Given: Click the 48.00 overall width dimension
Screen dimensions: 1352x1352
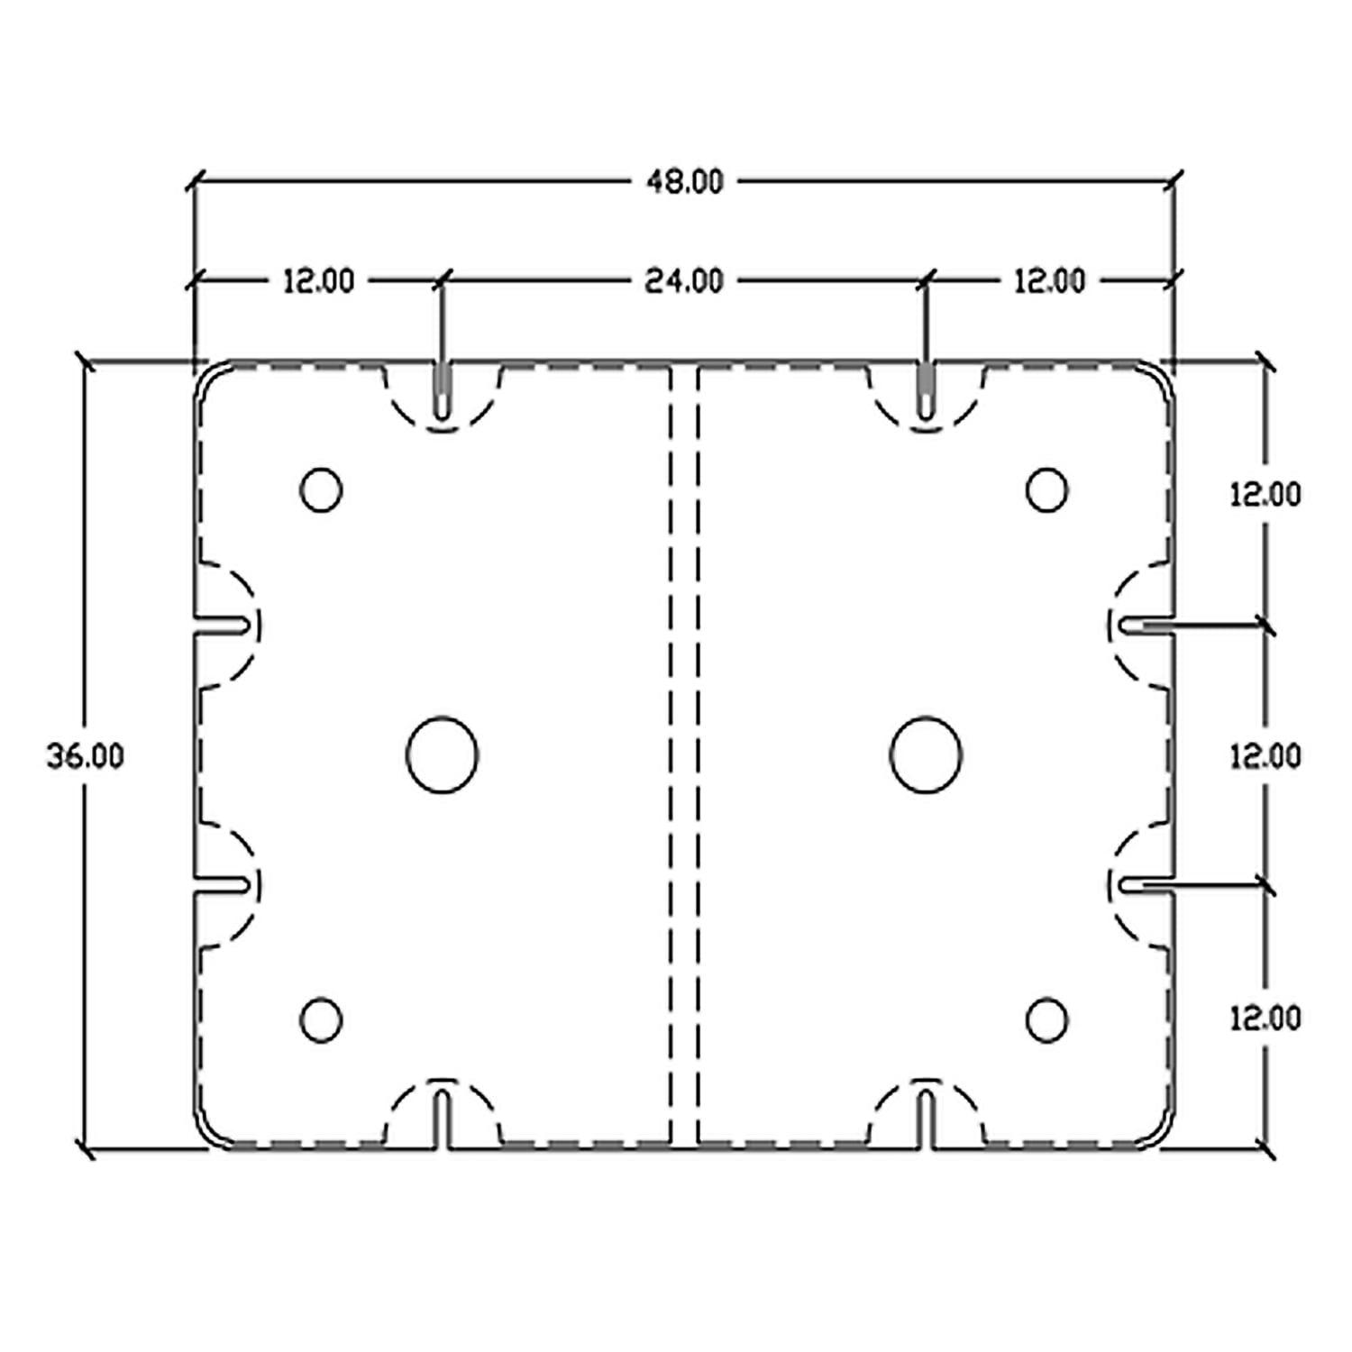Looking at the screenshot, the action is point(684,182).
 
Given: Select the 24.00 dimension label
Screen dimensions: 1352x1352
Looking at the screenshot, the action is point(684,281).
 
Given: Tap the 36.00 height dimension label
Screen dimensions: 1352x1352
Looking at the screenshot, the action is point(86,756).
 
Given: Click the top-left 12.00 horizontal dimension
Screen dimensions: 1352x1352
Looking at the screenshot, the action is point(319,281).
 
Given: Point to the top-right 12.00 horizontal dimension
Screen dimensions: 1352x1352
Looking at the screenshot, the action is point(1050,281).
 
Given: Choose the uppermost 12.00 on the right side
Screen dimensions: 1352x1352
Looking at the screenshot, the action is point(1265,494).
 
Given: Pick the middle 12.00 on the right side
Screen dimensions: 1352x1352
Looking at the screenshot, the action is point(1265,756).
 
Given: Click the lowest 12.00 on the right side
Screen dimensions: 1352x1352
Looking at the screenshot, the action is point(1265,1019).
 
